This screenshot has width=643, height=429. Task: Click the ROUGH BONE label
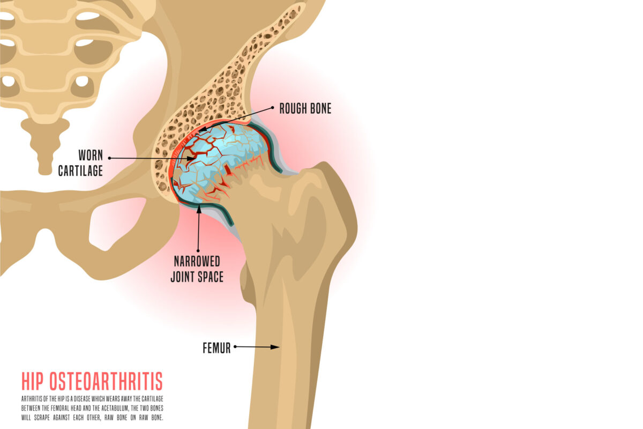pos(305,109)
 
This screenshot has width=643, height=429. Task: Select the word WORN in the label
pos(91,156)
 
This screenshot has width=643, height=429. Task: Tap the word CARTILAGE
pos(80,171)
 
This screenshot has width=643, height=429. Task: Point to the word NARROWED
pos(197,262)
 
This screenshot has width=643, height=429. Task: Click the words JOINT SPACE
pos(197,277)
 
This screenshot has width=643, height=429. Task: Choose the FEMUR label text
pos(216,348)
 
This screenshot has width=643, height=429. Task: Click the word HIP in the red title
pos(33,381)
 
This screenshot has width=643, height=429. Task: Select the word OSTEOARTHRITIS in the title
pos(106,381)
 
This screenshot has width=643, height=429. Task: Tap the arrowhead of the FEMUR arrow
pos(275,347)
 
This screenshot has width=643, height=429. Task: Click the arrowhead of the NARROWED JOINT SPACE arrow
pos(199,209)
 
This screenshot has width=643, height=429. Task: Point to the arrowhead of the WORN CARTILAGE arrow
pos(191,158)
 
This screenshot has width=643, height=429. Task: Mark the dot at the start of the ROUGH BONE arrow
pos(273,108)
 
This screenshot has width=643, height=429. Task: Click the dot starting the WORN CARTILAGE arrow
pos(109,158)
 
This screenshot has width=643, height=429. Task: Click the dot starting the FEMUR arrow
pos(235,347)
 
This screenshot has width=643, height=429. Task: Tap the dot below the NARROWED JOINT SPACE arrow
pos(198,251)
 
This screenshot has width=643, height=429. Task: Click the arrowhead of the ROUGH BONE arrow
pos(203,130)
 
